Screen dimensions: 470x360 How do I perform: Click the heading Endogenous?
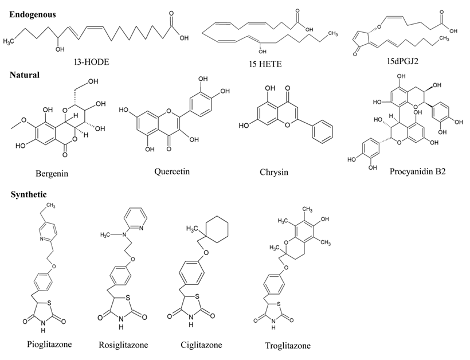(x=32, y=15)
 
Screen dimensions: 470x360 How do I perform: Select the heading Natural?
(x=25, y=75)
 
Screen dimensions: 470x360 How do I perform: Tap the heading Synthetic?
(x=29, y=194)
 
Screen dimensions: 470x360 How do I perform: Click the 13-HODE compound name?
(x=92, y=62)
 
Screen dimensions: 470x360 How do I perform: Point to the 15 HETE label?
(x=265, y=64)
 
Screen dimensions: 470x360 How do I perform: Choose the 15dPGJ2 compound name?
(x=402, y=61)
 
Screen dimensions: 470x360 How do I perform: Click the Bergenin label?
(x=52, y=174)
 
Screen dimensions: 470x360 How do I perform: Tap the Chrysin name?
(x=274, y=172)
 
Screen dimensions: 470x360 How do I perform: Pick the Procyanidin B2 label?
(x=417, y=171)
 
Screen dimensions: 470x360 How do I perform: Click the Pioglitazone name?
(x=49, y=344)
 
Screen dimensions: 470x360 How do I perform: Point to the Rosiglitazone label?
(x=123, y=345)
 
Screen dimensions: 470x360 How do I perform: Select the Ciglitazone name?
(x=201, y=345)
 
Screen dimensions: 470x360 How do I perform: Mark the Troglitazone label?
(x=288, y=346)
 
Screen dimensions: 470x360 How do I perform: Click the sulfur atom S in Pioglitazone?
(x=49, y=303)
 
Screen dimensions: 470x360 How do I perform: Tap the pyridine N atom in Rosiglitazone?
(x=141, y=228)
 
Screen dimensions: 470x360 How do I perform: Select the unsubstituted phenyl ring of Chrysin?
(x=322, y=132)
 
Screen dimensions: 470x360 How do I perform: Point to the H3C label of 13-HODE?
(x=9, y=41)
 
